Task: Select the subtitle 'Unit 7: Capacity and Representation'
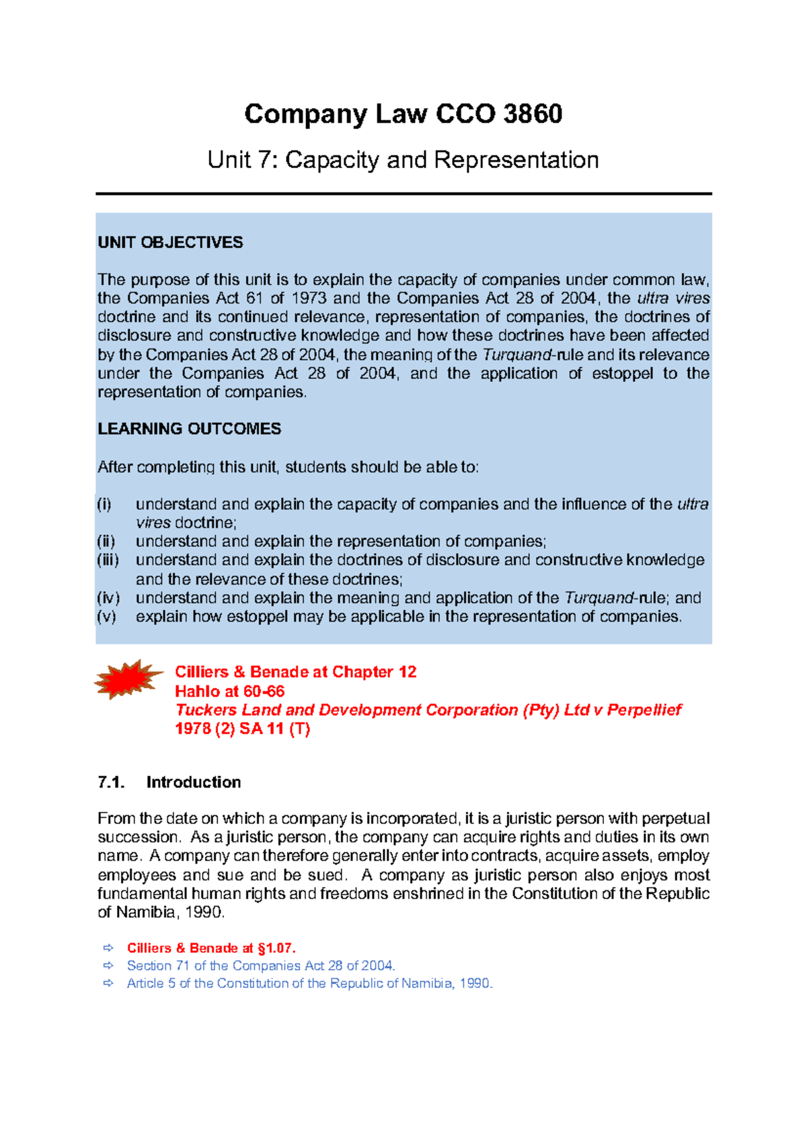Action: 403,160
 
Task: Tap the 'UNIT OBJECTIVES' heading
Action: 170,243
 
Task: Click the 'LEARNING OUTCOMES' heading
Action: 189,429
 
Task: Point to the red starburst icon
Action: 128,679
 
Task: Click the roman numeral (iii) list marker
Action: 108,560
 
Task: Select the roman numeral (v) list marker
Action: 106,617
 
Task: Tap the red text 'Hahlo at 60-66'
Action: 229,691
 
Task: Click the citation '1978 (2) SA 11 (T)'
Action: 242,729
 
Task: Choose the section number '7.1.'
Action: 112,782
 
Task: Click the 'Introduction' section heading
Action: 194,782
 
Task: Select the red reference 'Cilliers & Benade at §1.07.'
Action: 211,948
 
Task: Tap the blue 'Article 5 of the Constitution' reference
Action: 309,984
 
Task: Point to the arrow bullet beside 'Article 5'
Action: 108,984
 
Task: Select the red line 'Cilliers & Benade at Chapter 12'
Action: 295,672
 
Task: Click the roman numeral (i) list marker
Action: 104,505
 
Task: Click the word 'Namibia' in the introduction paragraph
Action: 146,913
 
